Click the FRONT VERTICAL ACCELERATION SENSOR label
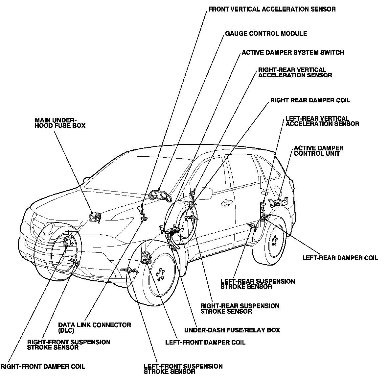(272, 10)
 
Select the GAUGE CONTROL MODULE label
(266, 34)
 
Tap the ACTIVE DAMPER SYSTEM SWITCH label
(293, 53)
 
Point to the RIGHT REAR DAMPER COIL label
(310, 100)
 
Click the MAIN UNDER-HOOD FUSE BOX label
(60, 123)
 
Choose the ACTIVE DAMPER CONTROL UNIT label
(319, 151)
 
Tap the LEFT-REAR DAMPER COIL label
(340, 258)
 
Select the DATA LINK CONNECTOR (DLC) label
(95, 327)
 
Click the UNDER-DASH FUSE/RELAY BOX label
(232, 330)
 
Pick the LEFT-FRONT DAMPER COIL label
(205, 343)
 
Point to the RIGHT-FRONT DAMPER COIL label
(43, 367)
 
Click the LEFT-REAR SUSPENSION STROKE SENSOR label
(258, 284)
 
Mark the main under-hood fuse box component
(95, 217)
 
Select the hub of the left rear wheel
(274, 242)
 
